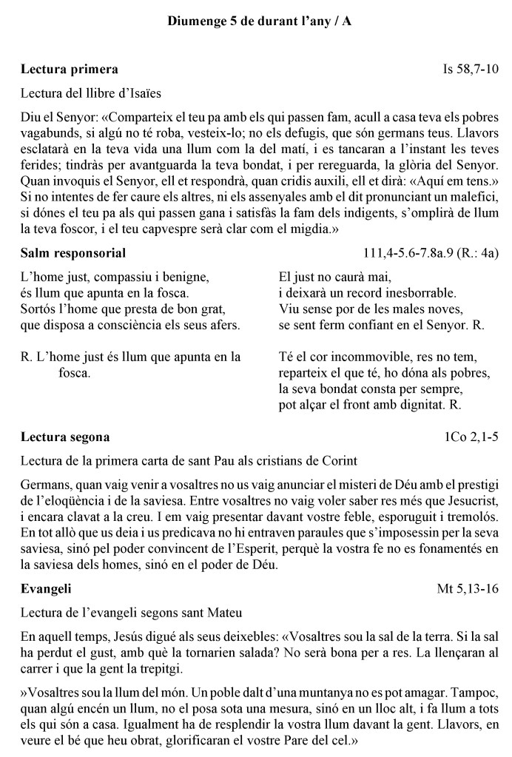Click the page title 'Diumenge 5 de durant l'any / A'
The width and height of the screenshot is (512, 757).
(260, 22)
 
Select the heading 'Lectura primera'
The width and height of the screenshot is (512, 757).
(69, 70)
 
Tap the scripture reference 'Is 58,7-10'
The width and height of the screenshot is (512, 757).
(470, 70)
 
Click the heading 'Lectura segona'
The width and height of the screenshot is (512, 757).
(65, 437)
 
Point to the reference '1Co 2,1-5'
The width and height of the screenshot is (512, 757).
(471, 437)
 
